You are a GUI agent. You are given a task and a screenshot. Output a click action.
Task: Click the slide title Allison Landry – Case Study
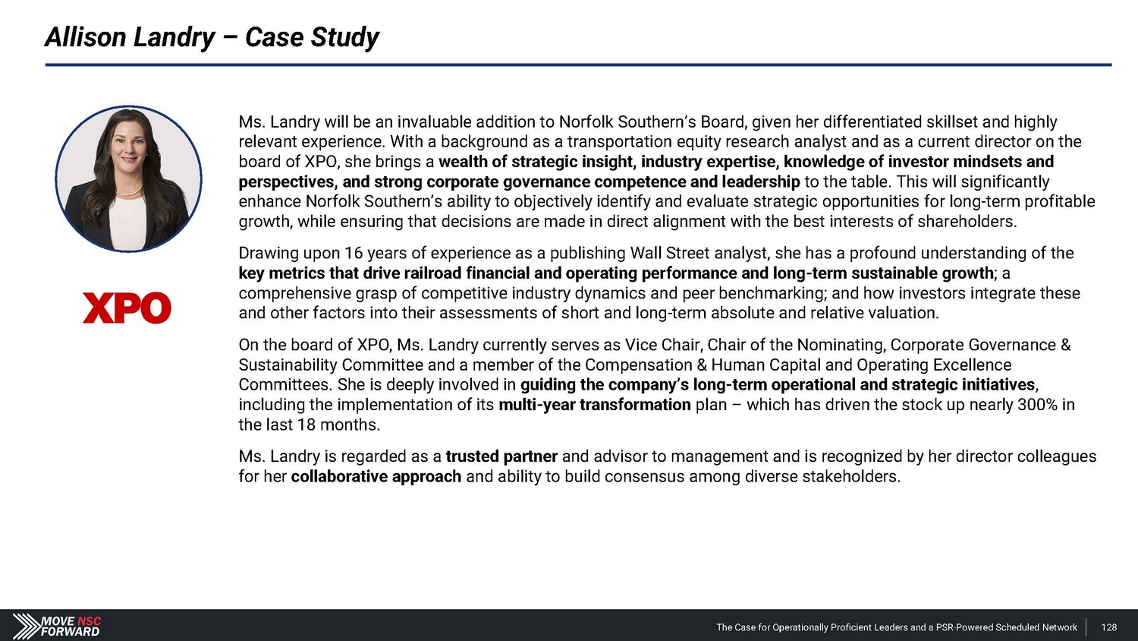point(212,36)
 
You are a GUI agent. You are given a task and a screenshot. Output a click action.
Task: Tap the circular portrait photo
point(129,179)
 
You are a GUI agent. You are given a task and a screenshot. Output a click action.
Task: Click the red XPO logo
point(127,308)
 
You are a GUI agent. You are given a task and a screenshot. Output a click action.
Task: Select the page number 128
point(1108,627)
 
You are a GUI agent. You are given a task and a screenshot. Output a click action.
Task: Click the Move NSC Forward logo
point(57,626)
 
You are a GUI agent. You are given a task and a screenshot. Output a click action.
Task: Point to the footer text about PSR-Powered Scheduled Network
point(896,627)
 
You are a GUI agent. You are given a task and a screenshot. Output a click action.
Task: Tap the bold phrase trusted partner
point(501,456)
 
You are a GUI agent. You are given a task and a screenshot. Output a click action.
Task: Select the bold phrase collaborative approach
point(376,477)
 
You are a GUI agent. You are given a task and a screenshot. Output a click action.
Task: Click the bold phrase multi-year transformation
point(594,405)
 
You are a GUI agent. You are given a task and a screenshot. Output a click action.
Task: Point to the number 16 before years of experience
point(354,253)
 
